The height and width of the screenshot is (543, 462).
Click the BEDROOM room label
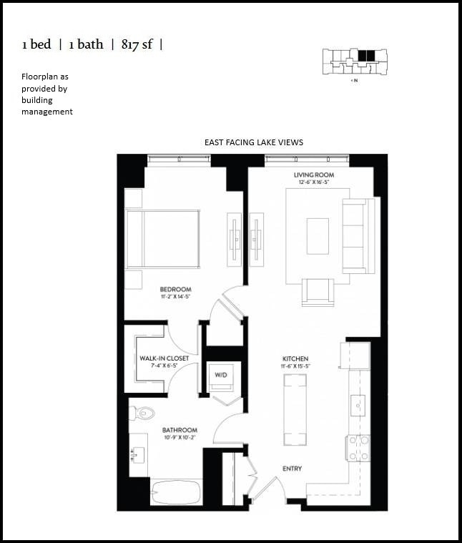click(175, 289)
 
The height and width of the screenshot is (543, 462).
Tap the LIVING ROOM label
click(313, 175)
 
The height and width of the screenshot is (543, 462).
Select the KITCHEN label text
click(295, 358)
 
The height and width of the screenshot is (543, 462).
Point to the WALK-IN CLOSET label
click(164, 358)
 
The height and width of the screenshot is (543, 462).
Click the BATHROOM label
click(179, 430)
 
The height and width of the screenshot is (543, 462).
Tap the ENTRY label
click(292, 469)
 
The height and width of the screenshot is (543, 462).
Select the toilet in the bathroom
click(144, 412)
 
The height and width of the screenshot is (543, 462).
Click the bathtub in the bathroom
click(175, 492)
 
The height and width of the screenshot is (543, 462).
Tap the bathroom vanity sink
click(137, 454)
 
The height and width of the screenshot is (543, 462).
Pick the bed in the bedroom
click(163, 239)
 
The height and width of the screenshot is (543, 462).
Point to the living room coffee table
click(318, 236)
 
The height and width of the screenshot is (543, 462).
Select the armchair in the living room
click(318, 291)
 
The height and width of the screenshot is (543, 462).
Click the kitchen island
click(295, 411)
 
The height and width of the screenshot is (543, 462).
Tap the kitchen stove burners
click(359, 447)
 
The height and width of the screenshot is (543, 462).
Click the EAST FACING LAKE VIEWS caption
click(253, 142)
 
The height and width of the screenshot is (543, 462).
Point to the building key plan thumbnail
click(354, 60)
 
